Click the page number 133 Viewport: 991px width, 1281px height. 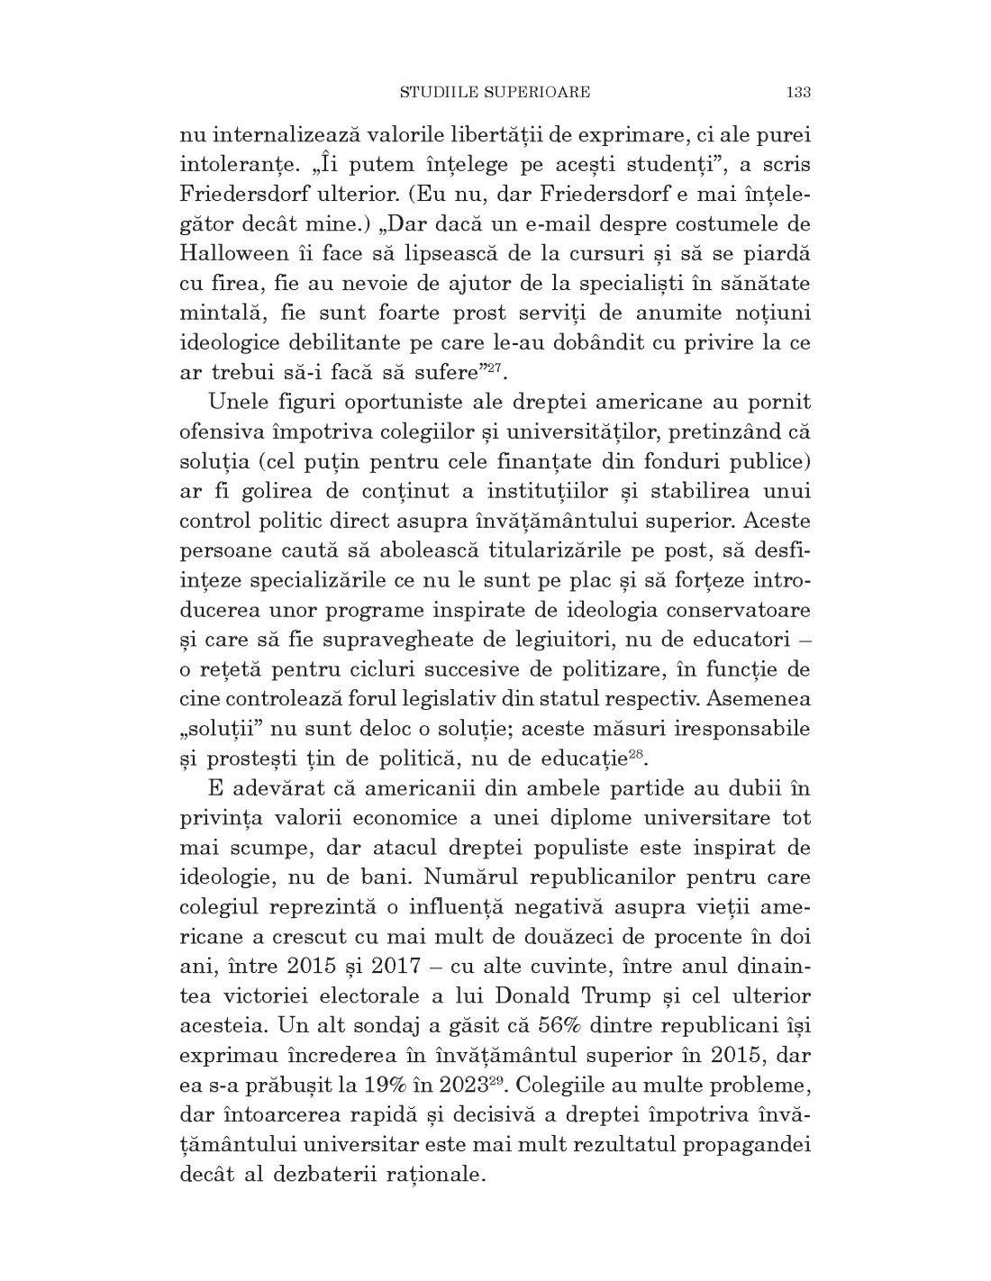coord(799,92)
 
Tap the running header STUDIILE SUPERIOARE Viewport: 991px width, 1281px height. coord(495,92)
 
